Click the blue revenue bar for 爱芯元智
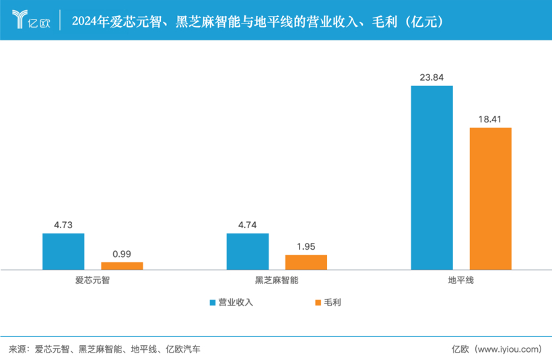[x=63, y=252]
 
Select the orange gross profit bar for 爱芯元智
[x=122, y=266]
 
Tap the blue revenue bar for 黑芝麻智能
[x=248, y=252]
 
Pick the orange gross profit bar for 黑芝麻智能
[x=306, y=262]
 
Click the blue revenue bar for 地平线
[x=432, y=178]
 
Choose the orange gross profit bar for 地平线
[x=491, y=199]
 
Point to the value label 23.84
[x=432, y=77]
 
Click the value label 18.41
[x=491, y=119]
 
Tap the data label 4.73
[x=63, y=225]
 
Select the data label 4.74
[x=248, y=225]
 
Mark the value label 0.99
[x=122, y=254]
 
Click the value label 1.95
[x=306, y=246]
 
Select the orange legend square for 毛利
[x=318, y=303]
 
